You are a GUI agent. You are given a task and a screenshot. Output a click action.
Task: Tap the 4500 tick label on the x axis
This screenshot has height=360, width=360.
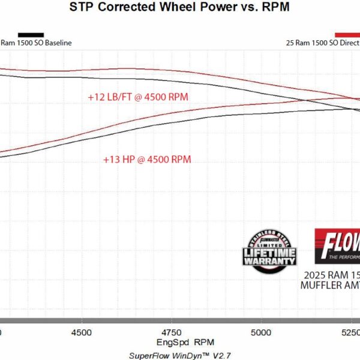[x=81, y=332]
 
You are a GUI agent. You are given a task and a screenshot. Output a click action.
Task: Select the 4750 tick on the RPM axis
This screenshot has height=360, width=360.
[x=172, y=332]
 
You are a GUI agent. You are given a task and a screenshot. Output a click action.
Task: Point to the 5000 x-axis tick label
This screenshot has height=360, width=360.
[x=261, y=332]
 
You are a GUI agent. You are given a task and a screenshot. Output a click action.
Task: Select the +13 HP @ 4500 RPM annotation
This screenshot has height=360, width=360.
[x=147, y=160]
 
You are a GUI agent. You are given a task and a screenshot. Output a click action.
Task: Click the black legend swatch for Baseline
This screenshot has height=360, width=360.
[x=31, y=35]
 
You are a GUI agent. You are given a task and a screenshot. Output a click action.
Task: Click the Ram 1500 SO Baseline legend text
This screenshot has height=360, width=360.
[x=36, y=43]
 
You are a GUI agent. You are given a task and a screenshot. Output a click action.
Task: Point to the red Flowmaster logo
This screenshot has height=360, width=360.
[x=337, y=247]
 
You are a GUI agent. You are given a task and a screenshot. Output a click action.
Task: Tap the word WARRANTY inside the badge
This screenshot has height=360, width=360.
[x=269, y=261]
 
